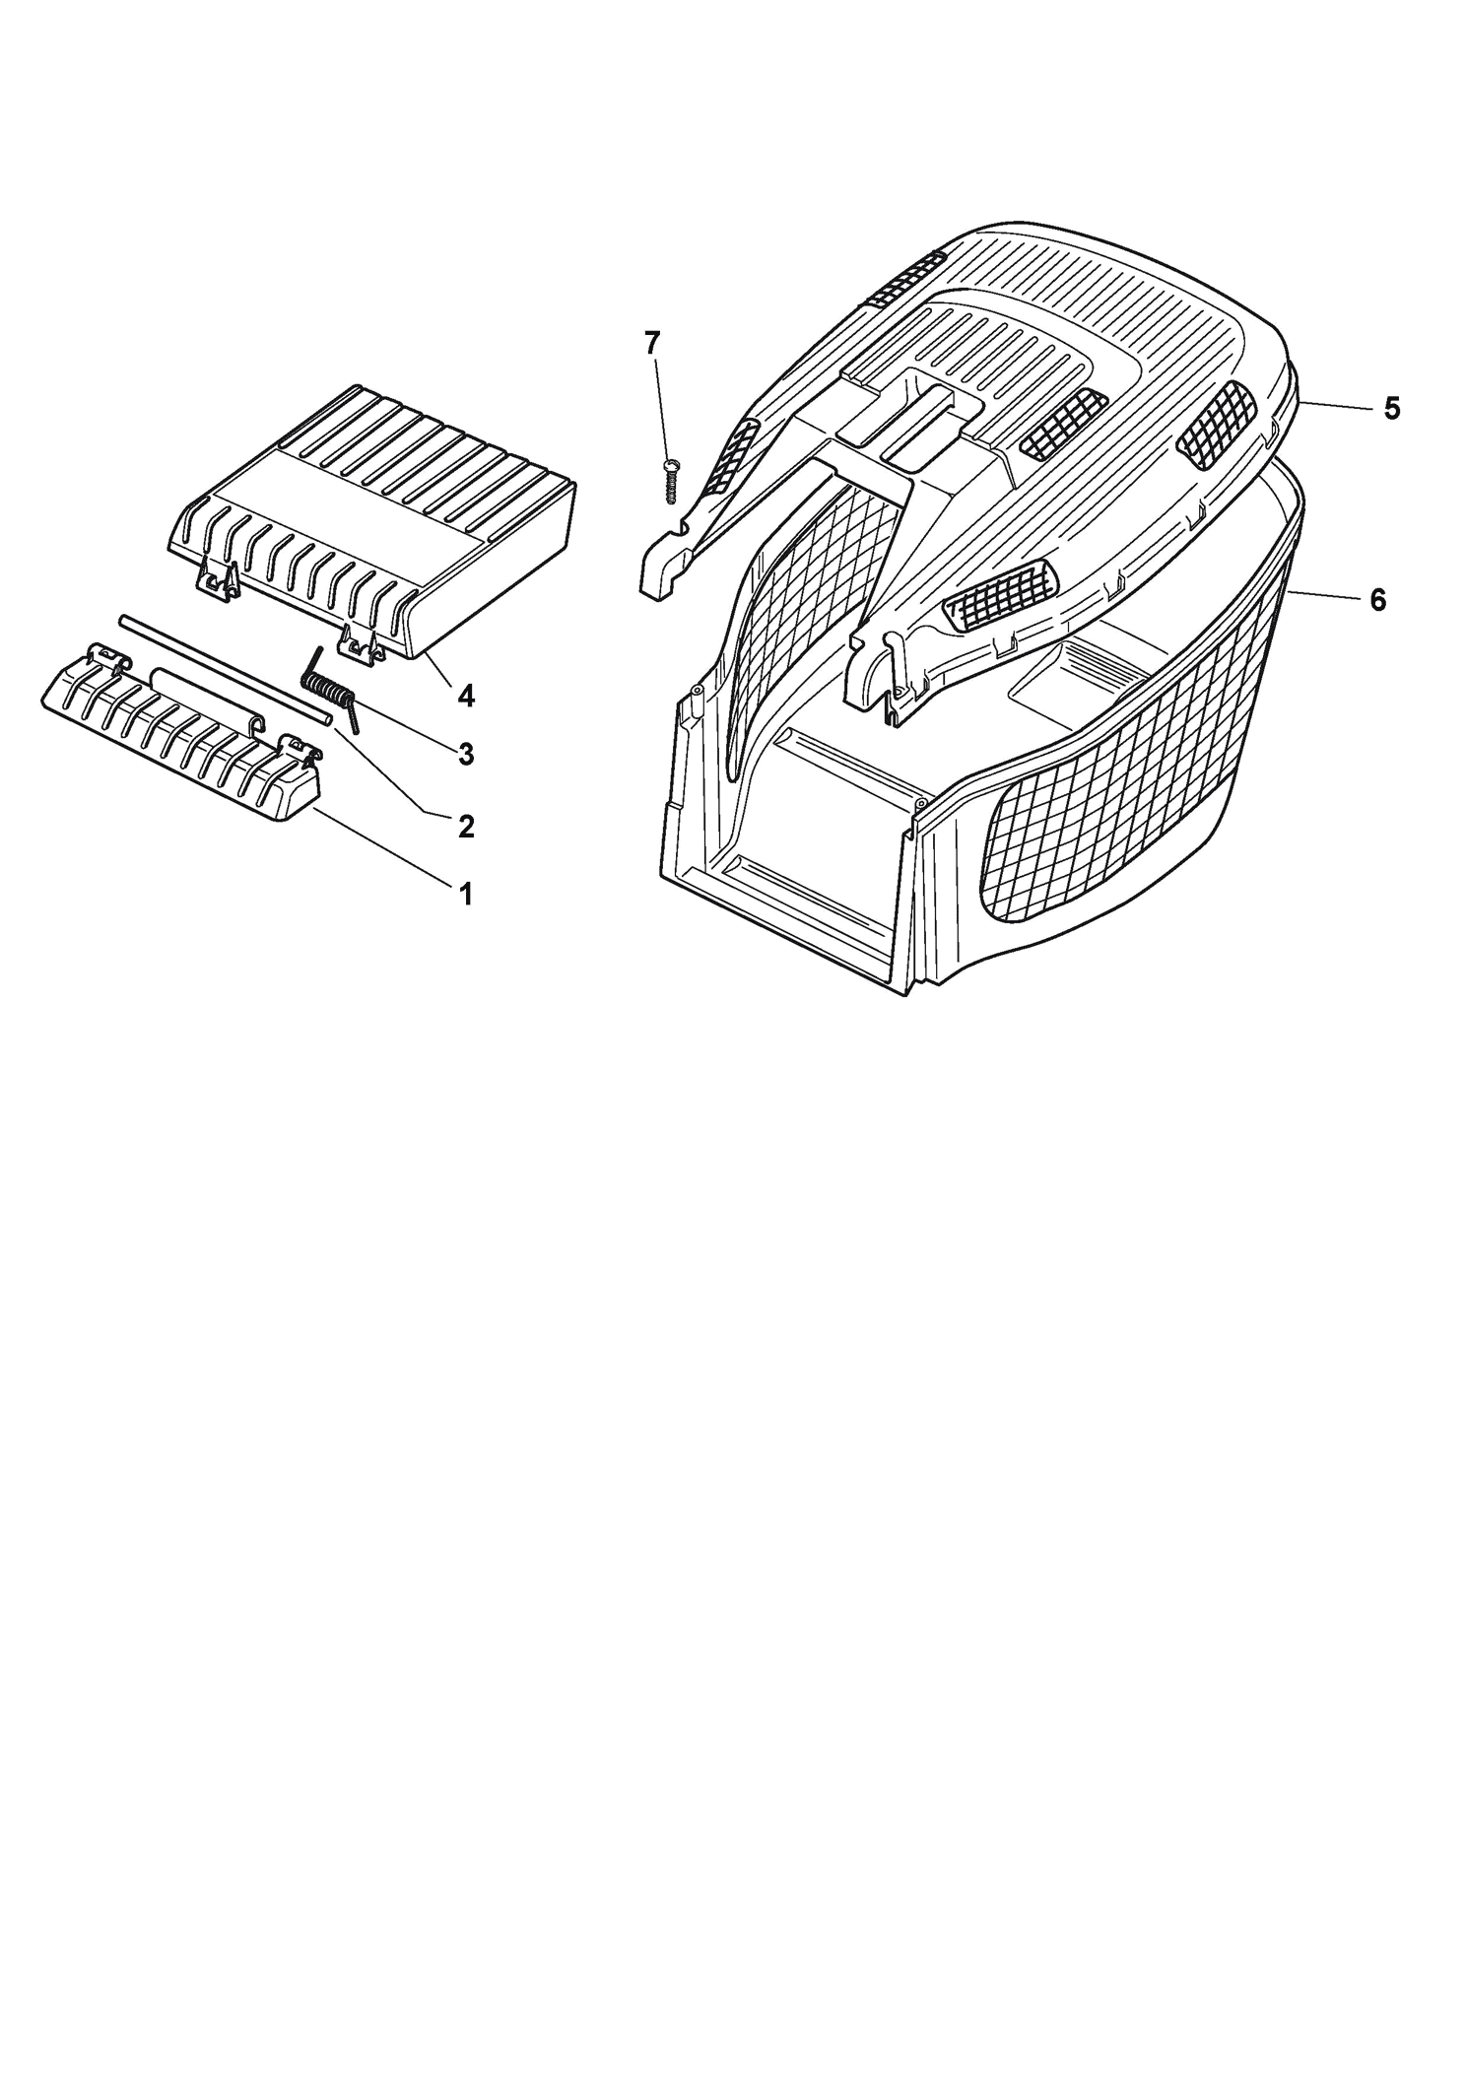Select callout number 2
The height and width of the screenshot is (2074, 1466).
[466, 826]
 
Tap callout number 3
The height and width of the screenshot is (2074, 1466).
[466, 755]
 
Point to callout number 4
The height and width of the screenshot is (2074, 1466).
[466, 696]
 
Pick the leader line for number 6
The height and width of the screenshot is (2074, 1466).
[1322, 595]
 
